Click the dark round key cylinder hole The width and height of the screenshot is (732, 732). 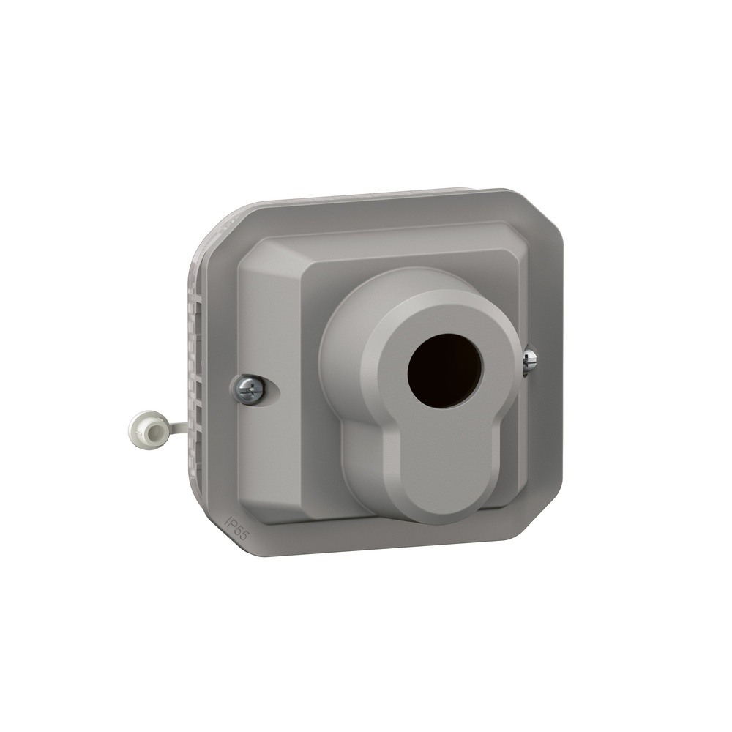444,370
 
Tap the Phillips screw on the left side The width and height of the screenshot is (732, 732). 250,389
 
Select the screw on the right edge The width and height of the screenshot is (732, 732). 529,360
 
